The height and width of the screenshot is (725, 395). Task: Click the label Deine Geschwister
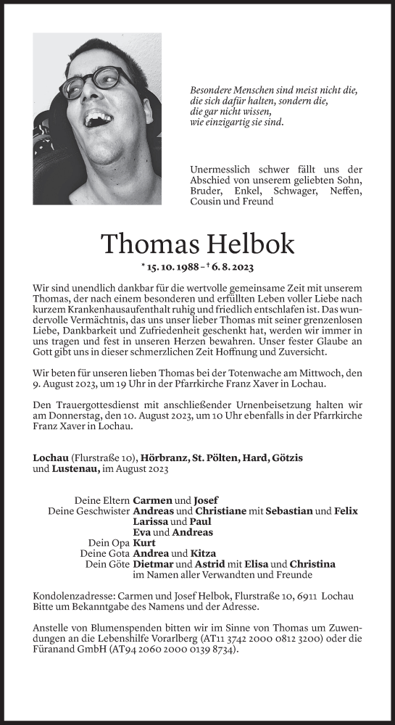click(88, 511)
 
